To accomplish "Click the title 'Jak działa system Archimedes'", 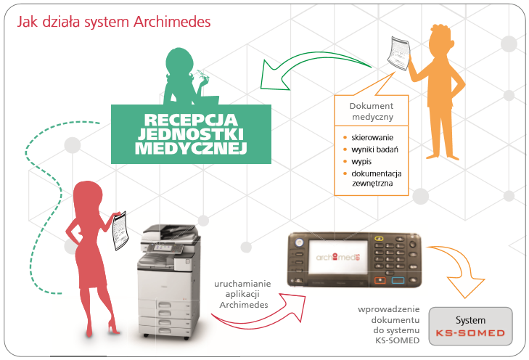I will pos(114,22).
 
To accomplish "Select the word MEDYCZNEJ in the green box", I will pos(191,149).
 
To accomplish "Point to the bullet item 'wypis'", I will pos(364,161).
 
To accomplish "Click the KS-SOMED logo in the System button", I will pos(470,335).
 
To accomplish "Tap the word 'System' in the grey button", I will pos(470,319).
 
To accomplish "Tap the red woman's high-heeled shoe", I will pos(112,330).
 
